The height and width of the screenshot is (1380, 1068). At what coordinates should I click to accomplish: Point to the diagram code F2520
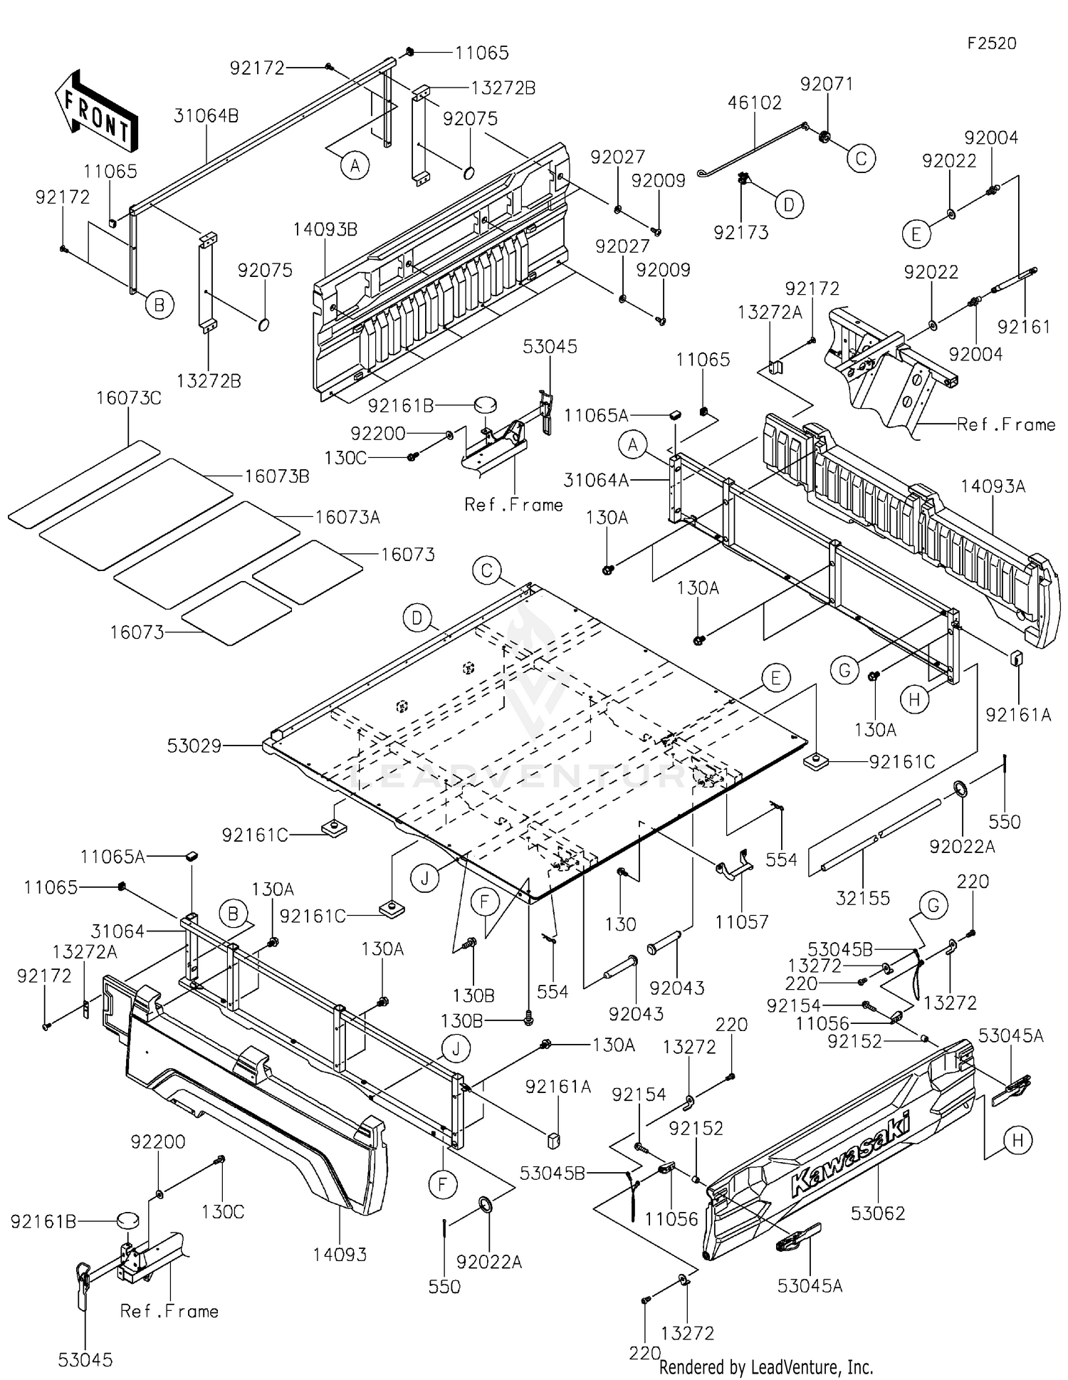[992, 43]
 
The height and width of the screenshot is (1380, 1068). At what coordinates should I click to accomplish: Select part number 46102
[755, 103]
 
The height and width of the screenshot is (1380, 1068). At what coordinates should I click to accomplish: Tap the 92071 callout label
[827, 84]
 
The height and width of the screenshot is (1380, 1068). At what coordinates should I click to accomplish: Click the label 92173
[741, 232]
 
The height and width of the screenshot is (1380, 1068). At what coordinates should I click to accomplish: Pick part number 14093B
[325, 229]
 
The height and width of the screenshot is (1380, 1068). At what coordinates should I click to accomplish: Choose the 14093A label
[993, 486]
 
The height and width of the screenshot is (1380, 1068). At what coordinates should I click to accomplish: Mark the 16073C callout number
[129, 399]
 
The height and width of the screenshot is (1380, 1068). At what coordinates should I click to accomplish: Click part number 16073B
[277, 476]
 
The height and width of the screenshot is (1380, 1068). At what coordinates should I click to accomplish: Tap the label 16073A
[347, 517]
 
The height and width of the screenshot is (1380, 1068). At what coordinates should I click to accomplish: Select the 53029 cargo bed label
[194, 746]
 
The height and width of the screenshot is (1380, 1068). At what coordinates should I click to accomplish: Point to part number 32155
[863, 898]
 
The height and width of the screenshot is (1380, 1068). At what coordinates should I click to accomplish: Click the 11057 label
[742, 922]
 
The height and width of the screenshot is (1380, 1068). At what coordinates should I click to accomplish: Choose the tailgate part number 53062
[878, 1213]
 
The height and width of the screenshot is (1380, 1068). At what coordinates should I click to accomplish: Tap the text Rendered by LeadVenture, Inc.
[766, 1366]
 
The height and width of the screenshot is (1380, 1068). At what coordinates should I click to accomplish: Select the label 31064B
[206, 116]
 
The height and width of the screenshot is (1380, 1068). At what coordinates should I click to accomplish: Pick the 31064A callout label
[597, 481]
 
